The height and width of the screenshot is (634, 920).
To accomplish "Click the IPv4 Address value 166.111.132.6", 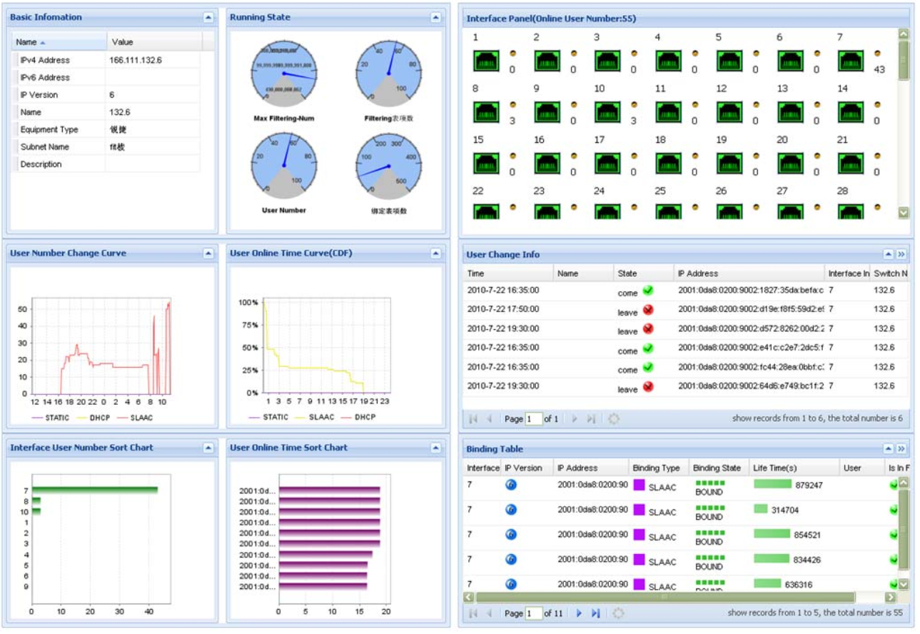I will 136,60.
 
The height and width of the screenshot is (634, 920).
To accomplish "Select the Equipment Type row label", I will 49,129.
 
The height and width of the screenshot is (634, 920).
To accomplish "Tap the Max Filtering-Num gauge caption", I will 284,118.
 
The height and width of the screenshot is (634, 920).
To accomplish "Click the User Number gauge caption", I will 284,210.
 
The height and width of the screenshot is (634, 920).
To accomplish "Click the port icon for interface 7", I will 851,61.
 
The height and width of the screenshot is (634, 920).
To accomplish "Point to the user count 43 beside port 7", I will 879,69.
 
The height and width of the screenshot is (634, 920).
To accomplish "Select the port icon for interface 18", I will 668,163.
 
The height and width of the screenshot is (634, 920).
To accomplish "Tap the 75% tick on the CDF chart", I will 250,325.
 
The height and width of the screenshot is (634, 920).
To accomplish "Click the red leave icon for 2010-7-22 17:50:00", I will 648,310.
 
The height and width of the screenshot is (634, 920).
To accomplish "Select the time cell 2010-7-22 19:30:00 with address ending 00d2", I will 502,328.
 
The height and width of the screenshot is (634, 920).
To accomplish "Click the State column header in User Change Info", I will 627,273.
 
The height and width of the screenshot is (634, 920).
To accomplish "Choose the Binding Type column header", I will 656,468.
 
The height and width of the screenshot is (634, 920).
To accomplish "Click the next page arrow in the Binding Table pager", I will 579,613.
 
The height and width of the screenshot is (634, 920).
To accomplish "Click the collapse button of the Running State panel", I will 436,17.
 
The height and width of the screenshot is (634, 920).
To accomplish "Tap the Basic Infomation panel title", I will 46,17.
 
